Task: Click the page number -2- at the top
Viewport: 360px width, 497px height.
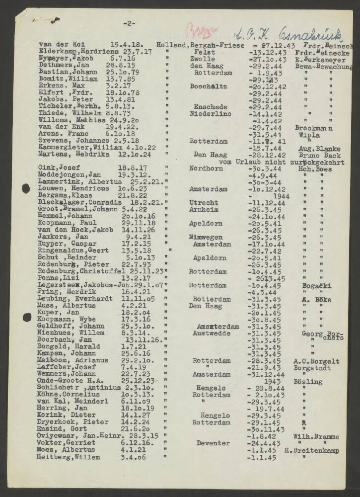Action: (x=129, y=23)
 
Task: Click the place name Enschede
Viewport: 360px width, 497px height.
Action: (x=209, y=107)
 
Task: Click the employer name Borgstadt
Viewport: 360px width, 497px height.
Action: (x=315, y=367)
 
